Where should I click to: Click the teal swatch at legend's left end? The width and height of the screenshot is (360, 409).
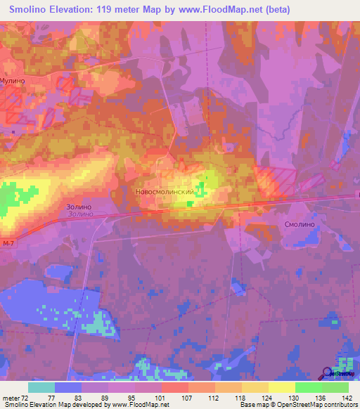(41, 387)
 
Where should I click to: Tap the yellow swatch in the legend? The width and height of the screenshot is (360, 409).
(281, 387)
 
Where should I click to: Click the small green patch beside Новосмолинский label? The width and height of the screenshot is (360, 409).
(201, 188)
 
